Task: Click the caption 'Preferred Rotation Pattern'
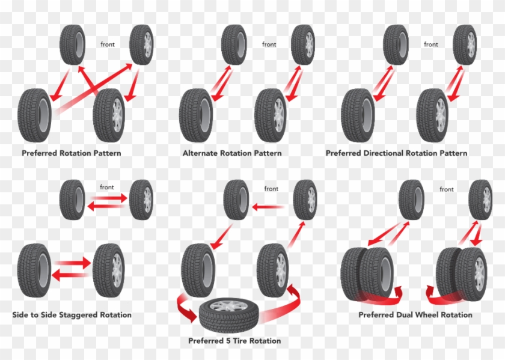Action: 71,153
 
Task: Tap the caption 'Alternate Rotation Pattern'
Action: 232,153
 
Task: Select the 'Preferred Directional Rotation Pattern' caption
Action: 396,153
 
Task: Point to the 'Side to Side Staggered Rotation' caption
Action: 72,315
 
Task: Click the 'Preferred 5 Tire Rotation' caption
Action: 234,341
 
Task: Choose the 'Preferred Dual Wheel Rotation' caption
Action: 415,315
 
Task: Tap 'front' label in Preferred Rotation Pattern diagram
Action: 108,44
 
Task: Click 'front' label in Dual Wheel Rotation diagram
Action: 447,189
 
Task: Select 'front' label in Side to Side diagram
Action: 108,187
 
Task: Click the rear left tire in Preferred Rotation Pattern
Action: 35,114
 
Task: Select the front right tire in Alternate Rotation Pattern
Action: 304,45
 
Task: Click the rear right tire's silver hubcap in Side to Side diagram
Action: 117,272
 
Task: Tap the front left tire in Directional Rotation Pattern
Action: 396,45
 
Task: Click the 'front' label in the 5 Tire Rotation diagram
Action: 271,189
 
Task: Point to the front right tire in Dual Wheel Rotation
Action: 480,200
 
